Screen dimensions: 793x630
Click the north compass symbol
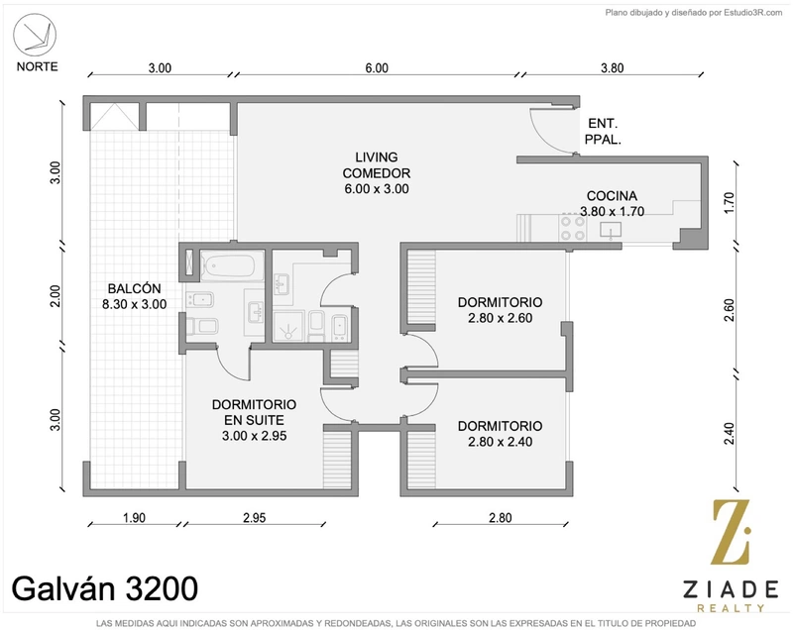tap(35, 35)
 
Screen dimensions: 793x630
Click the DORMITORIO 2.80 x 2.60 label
tap(501, 310)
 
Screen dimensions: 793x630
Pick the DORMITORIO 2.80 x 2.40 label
tap(501, 434)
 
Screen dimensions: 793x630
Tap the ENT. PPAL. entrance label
tap(603, 132)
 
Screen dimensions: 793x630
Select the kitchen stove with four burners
tap(573, 228)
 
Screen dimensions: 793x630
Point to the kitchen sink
tap(611, 230)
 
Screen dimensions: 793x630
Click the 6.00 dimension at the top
tap(377, 67)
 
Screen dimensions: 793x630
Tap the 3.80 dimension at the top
tap(612, 67)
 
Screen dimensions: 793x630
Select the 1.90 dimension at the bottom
tap(134, 518)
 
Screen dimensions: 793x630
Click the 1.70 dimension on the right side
tap(729, 202)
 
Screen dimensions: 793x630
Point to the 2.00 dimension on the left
tap(56, 296)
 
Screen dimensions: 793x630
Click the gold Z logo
tap(731, 532)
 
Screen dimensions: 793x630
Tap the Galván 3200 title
tap(105, 588)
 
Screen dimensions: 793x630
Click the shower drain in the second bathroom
tap(288, 333)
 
